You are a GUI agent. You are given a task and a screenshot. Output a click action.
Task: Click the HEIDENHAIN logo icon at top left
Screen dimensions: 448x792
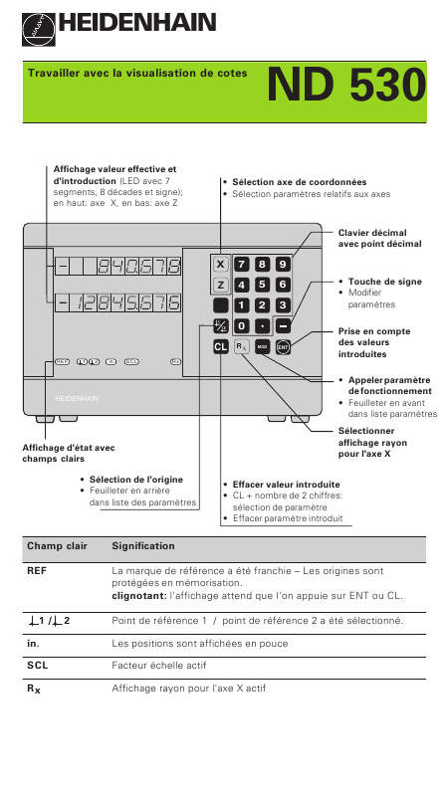coord(39,29)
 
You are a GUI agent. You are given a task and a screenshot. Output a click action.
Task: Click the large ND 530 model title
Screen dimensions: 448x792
coord(346,85)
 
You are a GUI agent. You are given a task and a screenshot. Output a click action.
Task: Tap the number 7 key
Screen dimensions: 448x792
coord(241,265)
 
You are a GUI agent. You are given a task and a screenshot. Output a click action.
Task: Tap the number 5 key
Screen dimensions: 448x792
coord(262,285)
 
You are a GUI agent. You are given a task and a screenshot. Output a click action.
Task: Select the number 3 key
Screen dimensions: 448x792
coord(283,305)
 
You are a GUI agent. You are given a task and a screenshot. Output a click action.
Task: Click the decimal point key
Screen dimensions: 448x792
coord(262,326)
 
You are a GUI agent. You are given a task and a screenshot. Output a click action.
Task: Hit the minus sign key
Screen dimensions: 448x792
coord(283,326)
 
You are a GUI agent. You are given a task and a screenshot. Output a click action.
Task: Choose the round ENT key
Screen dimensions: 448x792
coord(283,347)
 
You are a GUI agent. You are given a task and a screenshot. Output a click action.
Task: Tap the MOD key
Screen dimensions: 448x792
coord(262,347)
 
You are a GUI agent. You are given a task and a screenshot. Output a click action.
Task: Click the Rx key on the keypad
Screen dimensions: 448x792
coord(241,347)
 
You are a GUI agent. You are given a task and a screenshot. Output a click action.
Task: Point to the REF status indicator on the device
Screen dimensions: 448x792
coord(62,361)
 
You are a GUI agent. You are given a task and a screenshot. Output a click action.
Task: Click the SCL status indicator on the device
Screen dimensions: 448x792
coord(131,361)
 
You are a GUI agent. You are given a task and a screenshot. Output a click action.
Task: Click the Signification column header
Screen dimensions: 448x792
coord(143,546)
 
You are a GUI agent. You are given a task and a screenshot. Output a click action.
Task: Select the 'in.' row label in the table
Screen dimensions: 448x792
coord(34,644)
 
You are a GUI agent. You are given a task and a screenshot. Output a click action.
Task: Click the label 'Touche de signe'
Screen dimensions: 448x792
coord(385,282)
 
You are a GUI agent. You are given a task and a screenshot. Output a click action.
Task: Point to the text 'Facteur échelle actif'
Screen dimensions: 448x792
coord(158,666)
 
